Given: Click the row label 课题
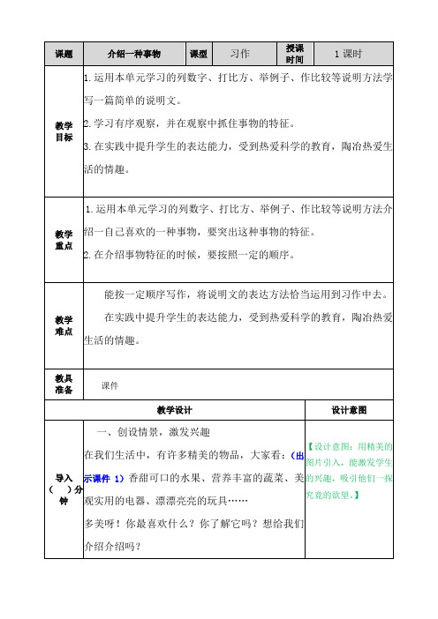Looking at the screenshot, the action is click(x=63, y=53).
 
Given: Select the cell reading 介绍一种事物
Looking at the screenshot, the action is click(x=132, y=53).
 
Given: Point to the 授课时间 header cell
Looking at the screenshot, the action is click(x=294, y=53).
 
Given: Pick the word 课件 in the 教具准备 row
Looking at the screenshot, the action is click(x=110, y=385).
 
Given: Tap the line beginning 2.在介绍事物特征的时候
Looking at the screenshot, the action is click(x=194, y=256).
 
